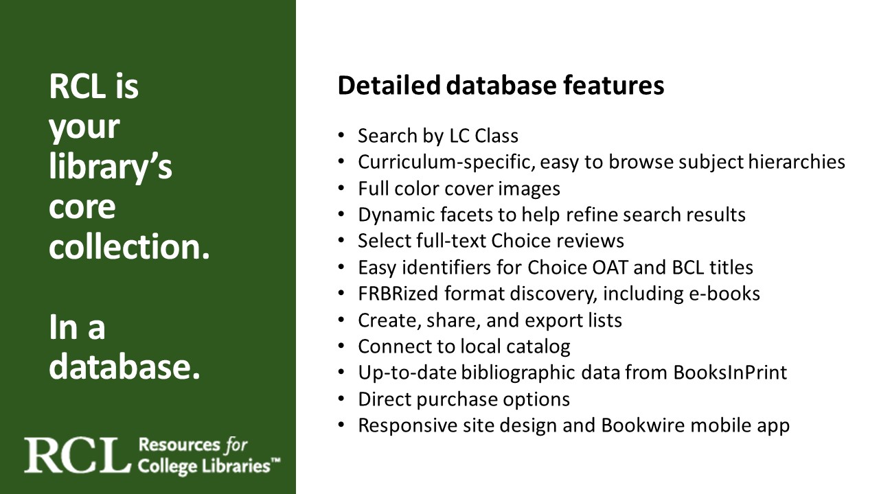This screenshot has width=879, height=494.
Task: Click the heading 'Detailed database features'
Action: pos(501,86)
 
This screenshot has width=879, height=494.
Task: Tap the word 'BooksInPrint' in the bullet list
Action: pos(730,373)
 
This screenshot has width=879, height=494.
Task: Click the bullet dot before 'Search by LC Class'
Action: pos(341,136)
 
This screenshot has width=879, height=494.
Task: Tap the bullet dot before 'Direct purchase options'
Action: pos(341,399)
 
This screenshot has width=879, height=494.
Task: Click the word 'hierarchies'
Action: pos(797,162)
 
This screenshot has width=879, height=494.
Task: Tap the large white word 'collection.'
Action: pos(129,246)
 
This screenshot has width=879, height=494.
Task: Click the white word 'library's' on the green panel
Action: pos(111,167)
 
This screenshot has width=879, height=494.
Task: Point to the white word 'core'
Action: pos(82,207)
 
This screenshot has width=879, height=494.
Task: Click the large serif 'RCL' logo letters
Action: pos(78,456)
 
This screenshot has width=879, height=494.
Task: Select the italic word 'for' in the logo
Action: pos(236,445)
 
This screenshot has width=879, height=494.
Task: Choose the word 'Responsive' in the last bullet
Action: pos(408,426)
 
